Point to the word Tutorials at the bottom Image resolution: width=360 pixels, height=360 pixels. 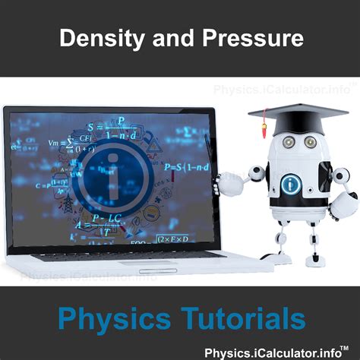coord(243,316)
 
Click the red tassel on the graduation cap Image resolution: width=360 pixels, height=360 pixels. coord(264,122)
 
